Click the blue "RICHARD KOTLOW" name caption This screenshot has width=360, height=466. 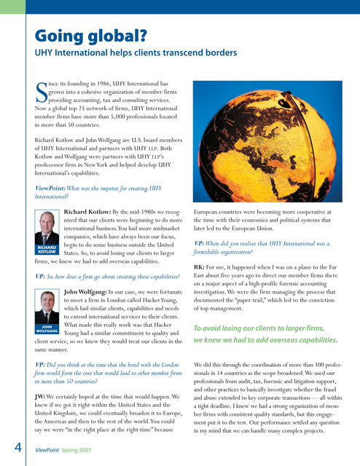pyautogui.click(x=47, y=250)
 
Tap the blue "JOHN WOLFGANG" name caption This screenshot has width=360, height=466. pyautogui.click(x=47, y=329)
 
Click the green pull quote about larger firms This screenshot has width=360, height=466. pyautogui.click(x=265, y=333)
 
